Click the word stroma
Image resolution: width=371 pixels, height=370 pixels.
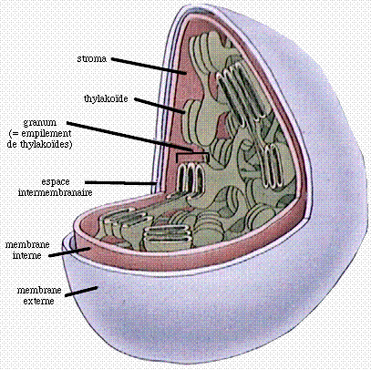[92, 58]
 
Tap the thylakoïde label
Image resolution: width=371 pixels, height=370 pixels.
[106, 98]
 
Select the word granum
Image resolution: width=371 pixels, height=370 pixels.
[40, 123]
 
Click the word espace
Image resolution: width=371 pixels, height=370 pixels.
[56, 182]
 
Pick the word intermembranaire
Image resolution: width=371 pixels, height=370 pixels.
[56, 192]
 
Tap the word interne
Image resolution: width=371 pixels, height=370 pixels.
[26, 255]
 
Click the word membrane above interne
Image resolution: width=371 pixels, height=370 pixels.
[27, 245]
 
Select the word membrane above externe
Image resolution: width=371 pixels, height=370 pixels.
[39, 291]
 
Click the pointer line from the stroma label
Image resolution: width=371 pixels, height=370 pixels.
[149, 66]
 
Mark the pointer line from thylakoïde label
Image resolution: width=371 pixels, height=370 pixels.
[160, 106]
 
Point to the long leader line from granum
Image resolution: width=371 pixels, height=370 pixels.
[129, 136]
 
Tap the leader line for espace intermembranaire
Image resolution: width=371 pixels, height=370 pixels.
[121, 183]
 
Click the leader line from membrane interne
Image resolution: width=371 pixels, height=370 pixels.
[69, 252]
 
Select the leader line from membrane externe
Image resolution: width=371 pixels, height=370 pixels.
[81, 291]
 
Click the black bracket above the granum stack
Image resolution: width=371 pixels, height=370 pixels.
[192, 154]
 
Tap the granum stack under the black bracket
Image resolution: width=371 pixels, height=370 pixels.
[190, 179]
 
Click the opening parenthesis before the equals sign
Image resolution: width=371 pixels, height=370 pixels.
[11, 134]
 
